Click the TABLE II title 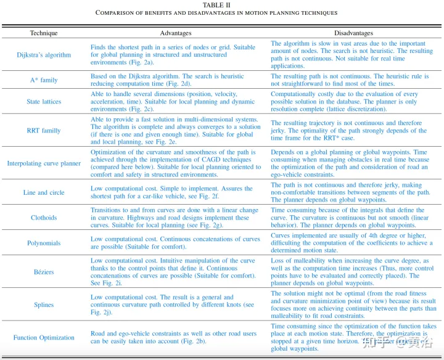click(x=221, y=4)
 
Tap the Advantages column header click(x=176, y=33)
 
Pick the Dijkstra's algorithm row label click(x=43, y=55)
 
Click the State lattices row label click(x=43, y=101)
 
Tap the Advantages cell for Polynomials click(x=175, y=243)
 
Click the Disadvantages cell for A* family click(x=353, y=80)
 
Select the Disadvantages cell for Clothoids click(x=353, y=218)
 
